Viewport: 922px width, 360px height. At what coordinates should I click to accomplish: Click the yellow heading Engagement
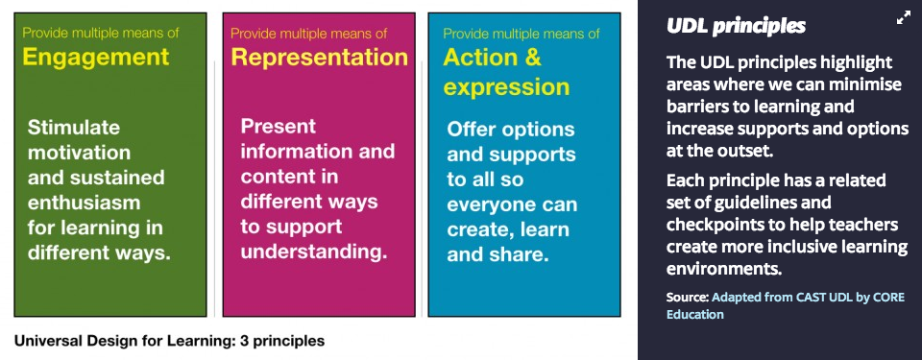pos(96,57)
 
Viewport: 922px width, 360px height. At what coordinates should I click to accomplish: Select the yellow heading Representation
pos(319,57)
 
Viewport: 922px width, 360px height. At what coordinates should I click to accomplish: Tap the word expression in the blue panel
pos(506,87)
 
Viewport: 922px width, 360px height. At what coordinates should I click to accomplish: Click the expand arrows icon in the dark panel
pos(903,19)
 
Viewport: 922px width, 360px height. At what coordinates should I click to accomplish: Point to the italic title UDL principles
pos(737,26)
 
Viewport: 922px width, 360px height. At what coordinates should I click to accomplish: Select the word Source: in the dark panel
pos(688,297)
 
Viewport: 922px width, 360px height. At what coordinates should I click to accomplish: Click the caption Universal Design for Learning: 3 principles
pos(169,341)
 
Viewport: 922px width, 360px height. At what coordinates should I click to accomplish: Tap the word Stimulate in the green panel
pos(74,127)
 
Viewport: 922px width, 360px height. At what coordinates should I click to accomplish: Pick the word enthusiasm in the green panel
pos(85,203)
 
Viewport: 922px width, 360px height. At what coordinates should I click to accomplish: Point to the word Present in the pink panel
pos(279,126)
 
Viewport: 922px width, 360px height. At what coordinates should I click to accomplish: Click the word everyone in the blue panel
pos(491,204)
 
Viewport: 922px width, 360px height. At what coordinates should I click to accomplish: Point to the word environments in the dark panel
pos(724,269)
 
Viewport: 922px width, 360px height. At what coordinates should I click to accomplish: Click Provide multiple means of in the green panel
pos(101,33)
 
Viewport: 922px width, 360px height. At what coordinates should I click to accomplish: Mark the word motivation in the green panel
pos(79,153)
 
